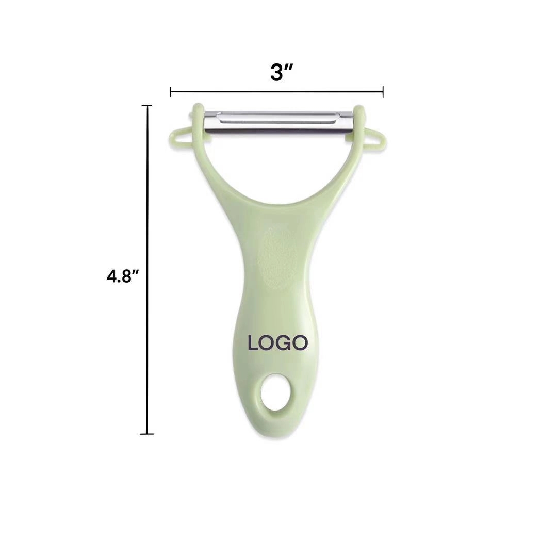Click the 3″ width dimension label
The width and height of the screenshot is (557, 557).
[x=281, y=73]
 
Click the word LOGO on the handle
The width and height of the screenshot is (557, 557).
[x=278, y=343]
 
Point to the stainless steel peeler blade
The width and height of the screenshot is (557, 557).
[x=278, y=122]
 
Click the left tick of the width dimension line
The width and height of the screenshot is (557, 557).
[x=171, y=92]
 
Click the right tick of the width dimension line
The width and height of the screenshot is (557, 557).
[x=383, y=92]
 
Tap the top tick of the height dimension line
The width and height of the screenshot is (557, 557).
[x=147, y=106]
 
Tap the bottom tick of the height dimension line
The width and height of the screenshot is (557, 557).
[x=147, y=434]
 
